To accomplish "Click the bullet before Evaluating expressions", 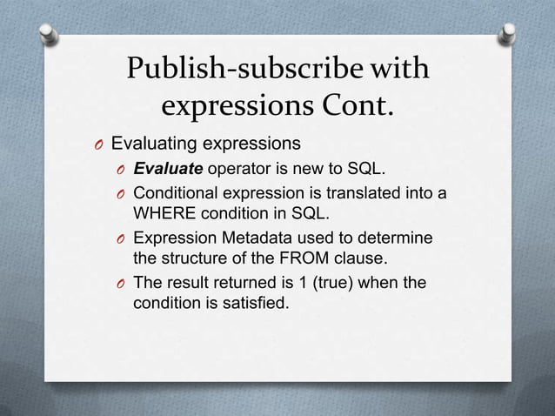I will coord(101,144).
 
